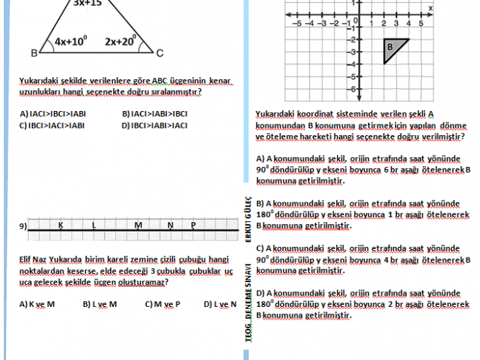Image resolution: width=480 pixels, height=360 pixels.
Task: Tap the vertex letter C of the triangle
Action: pos(159,53)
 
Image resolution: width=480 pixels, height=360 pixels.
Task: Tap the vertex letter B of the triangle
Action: pos(34,53)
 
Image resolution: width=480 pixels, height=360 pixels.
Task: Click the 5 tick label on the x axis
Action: pos(420,23)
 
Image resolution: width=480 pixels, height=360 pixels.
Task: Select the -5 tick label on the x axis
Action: pos(298,23)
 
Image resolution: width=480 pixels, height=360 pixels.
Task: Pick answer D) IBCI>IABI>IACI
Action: pos(154,125)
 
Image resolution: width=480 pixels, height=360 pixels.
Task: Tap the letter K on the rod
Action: pos(60,225)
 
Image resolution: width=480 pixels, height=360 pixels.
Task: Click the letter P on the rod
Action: pos(193,225)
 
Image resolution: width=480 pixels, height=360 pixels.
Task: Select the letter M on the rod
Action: pos(138,225)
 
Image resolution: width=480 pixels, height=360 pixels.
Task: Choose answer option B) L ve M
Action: pos(99,304)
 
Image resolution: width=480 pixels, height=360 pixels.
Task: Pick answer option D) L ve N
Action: pos(219,304)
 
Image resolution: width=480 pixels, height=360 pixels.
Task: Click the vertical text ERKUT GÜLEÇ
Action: pos(248,220)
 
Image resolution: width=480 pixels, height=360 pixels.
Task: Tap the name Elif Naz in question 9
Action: pos(31,260)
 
